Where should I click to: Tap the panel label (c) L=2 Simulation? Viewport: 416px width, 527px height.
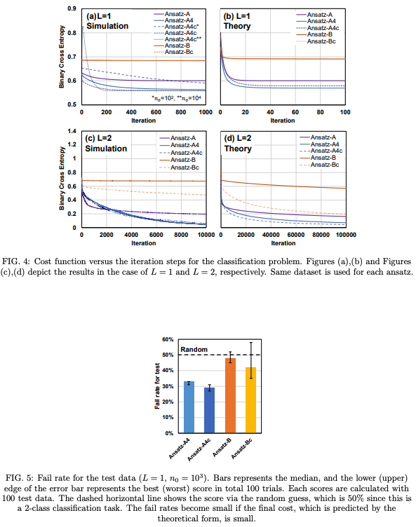pyautogui.click(x=107, y=144)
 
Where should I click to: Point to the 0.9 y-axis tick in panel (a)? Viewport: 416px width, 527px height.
pyautogui.click(x=73, y=8)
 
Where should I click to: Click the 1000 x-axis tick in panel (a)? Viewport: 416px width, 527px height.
pyautogui.click(x=205, y=112)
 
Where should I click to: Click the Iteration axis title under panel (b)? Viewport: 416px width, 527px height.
pyautogui.click(x=283, y=121)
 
